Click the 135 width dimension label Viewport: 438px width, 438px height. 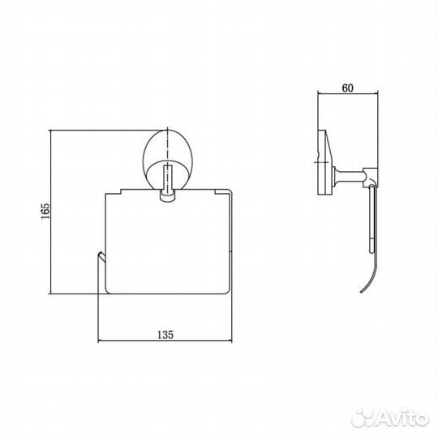point(165,334)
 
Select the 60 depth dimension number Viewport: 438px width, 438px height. point(348,88)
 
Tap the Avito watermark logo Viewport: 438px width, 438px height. point(390,419)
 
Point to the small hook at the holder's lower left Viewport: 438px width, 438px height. point(101,256)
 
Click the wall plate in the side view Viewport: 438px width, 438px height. point(324,162)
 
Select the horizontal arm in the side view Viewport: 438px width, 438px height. point(349,174)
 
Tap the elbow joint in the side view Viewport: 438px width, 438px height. point(371,178)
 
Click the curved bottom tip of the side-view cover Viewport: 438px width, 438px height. point(362,292)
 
